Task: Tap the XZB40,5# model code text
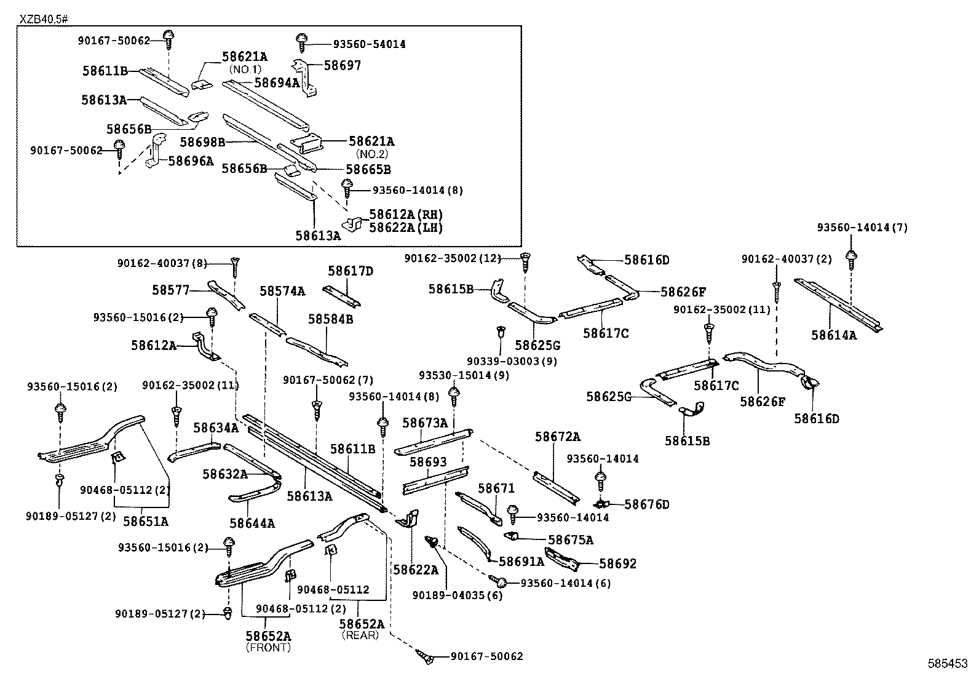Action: pos(43,19)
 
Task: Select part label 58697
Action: pos(343,65)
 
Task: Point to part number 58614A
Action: pos(833,335)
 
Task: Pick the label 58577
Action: pos(171,290)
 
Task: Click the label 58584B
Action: pos(331,319)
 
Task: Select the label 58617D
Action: pos(351,271)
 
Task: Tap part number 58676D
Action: pos(646,504)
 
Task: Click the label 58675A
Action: pos(571,540)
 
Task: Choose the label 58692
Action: pos(618,563)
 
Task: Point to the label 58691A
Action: pos(521,561)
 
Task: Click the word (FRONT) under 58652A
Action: pos(268,648)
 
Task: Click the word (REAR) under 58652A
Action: pos(360,635)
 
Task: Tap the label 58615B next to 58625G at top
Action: pos(451,288)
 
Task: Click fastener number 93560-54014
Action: pos(369,44)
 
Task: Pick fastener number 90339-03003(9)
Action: pos(512,361)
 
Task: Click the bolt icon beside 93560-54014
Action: pos(301,41)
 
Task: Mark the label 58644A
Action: pos(252,523)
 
